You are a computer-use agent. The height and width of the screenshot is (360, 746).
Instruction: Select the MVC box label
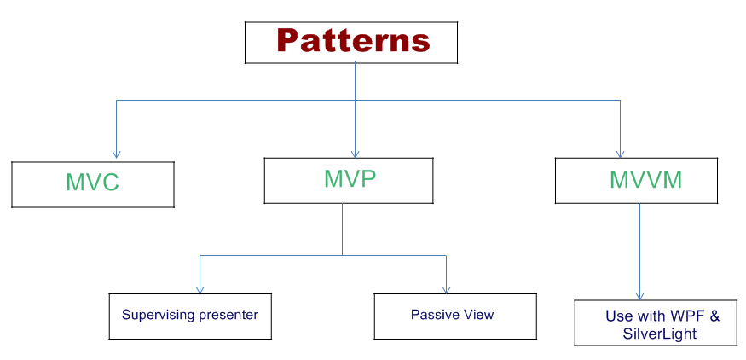[93, 183]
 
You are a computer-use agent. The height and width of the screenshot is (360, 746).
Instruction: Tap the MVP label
[350, 178]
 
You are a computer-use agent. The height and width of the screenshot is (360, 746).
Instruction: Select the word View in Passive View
[478, 315]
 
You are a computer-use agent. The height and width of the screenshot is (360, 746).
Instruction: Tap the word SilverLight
[660, 334]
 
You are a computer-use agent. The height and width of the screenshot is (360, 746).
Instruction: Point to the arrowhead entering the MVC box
[117, 154]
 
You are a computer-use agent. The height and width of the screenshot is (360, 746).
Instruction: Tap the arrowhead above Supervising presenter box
[200, 288]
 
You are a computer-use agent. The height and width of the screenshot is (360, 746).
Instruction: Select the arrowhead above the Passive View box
[446, 288]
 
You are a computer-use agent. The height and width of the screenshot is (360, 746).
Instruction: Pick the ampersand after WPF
[714, 316]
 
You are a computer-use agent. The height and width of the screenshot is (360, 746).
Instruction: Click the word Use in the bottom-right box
[618, 316]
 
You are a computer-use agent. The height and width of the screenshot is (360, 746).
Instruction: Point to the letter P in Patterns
[289, 40]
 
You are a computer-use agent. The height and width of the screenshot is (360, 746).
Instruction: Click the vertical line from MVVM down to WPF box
[640, 247]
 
